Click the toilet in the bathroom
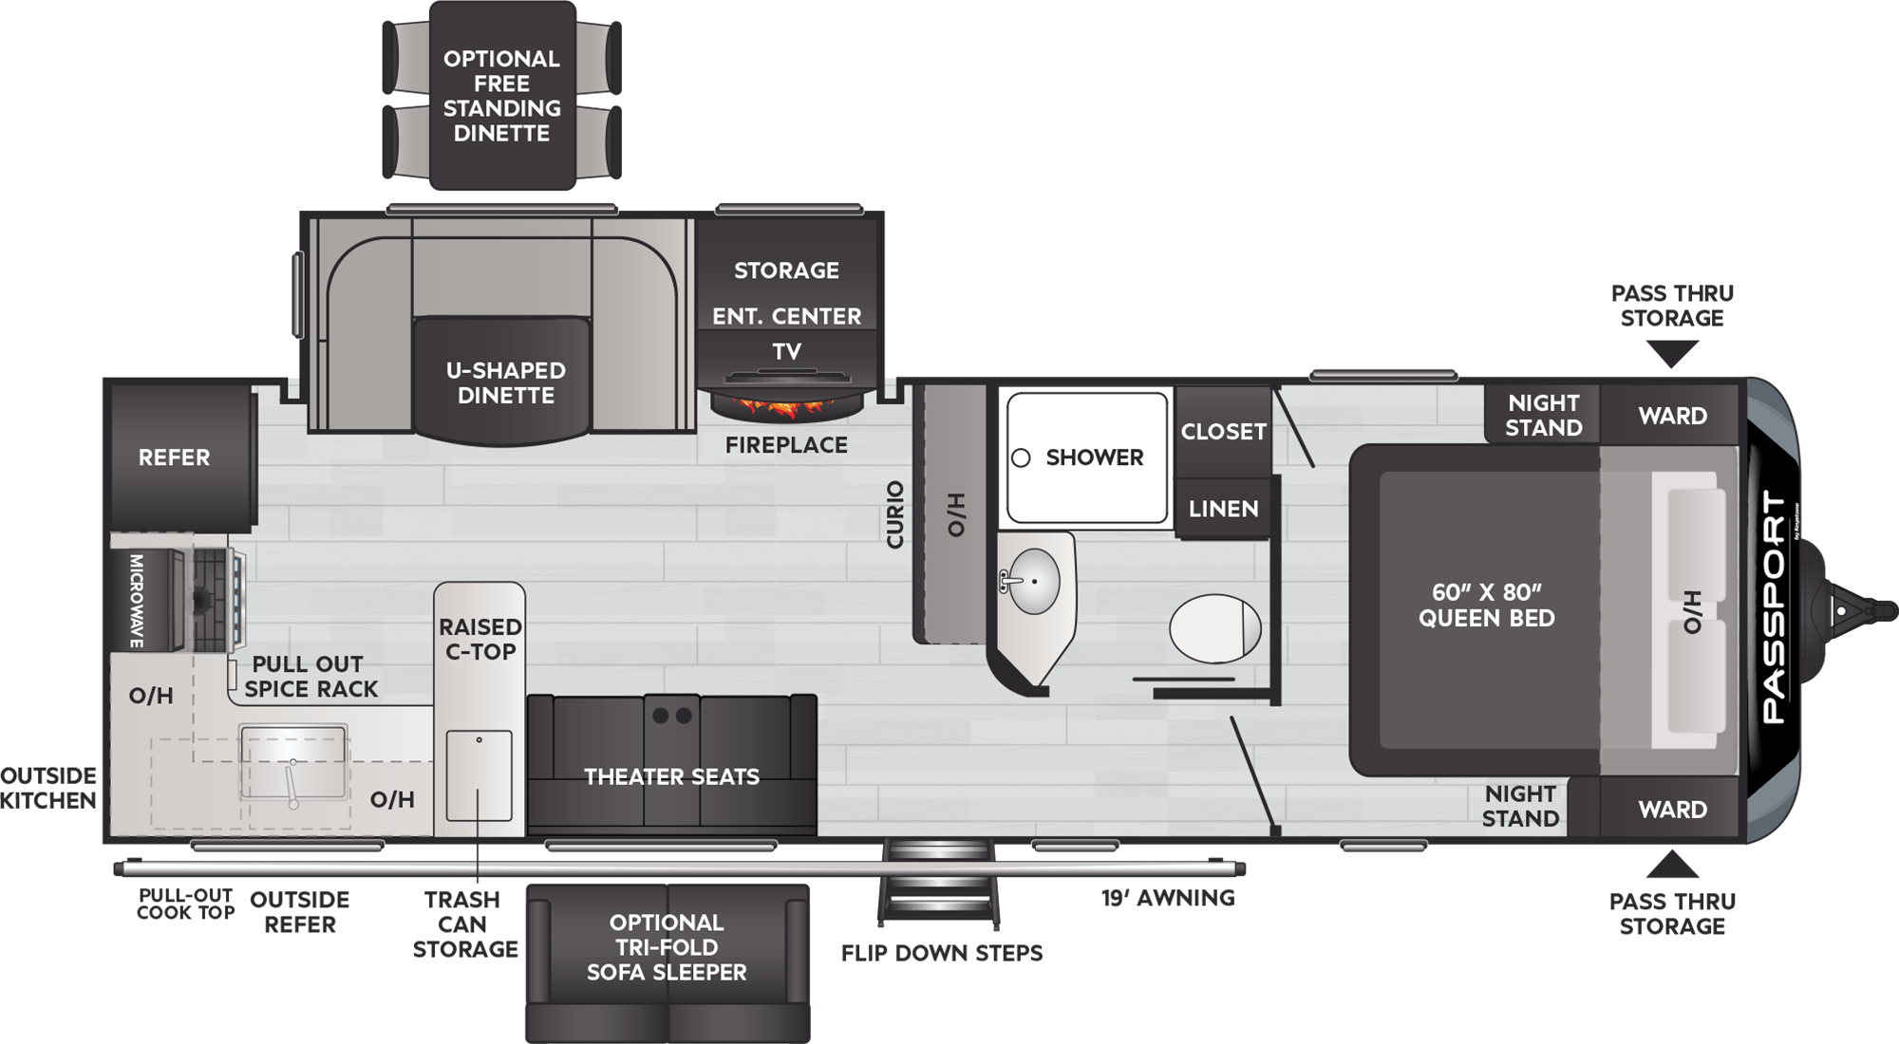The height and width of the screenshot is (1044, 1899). coord(1215,628)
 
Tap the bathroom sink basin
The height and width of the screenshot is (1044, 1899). coord(1032,581)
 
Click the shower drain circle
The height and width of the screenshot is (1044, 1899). coord(1021,458)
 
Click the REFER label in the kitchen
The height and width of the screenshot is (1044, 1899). coord(174,457)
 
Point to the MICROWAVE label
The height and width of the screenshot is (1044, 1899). coord(136,602)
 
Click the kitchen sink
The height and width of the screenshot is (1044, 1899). coord(292,764)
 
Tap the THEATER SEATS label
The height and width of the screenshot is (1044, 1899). coord(671,777)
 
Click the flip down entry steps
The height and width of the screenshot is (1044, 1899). coord(938,882)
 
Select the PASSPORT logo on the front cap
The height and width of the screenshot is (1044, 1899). coord(1774,607)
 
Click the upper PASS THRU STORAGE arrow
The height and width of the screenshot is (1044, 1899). coord(1672,354)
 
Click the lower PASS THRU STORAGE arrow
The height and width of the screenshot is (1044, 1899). coord(1672,865)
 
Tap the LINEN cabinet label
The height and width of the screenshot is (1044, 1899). coord(1223,509)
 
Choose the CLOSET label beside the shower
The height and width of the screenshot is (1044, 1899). coord(1223,432)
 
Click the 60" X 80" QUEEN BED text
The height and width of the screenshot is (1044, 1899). coord(1487,606)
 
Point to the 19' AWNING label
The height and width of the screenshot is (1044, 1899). coord(1168,898)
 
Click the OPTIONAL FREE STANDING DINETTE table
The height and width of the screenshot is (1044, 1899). coord(502,95)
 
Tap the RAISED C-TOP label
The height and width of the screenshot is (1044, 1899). coord(479,640)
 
